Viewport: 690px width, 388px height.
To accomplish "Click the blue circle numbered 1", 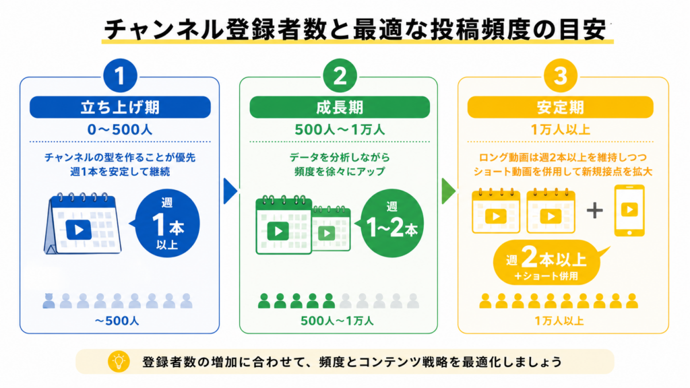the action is pyautogui.click(x=120, y=75).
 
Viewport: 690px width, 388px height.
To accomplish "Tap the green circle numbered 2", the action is pyautogui.click(x=340, y=75).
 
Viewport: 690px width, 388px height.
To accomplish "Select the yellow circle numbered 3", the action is pyautogui.click(x=560, y=75).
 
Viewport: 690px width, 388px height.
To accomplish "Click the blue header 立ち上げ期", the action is pyautogui.click(x=120, y=107).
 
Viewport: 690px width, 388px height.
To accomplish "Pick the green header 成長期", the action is pyautogui.click(x=340, y=107).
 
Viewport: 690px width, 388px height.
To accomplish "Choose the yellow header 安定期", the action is pyautogui.click(x=560, y=107).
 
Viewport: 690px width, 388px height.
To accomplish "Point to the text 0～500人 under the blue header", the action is pyautogui.click(x=120, y=130).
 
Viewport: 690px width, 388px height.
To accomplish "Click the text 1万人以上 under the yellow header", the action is pyautogui.click(x=560, y=130).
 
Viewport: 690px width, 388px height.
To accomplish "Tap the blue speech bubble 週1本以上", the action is pyautogui.click(x=166, y=224).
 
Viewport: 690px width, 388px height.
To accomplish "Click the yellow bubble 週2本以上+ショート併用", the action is pyautogui.click(x=548, y=263).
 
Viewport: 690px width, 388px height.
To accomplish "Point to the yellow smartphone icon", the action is pyautogui.click(x=629, y=211).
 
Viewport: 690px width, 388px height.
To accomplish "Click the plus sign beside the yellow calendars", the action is pyautogui.click(x=594, y=210).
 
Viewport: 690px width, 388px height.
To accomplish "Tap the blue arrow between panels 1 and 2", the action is pyautogui.click(x=230, y=191).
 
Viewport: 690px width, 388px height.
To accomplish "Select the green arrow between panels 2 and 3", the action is pyautogui.click(x=448, y=191).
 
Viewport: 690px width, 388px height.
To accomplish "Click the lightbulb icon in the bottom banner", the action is pyautogui.click(x=119, y=362).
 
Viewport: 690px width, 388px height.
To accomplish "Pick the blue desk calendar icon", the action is pyautogui.click(x=82, y=224).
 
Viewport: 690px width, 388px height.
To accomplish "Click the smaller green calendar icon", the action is pyautogui.click(x=331, y=228).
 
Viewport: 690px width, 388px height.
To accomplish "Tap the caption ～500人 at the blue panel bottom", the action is pyautogui.click(x=117, y=321).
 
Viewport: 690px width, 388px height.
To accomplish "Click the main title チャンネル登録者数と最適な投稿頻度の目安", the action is pyautogui.click(x=356, y=30).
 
